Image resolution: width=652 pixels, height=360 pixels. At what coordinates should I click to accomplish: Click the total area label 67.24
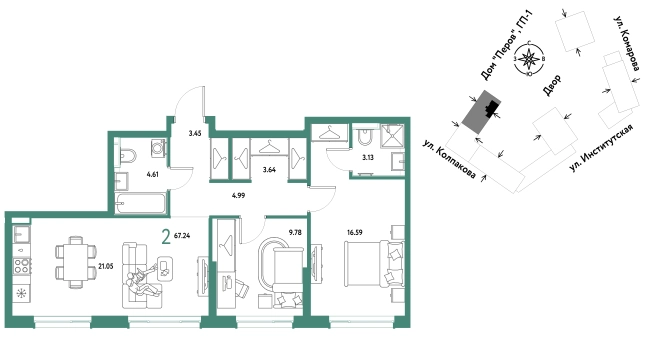click(182, 236)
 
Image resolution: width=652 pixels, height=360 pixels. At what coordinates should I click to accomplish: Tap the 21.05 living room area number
click(106, 266)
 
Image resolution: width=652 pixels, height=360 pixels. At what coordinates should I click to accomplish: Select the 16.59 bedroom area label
click(355, 233)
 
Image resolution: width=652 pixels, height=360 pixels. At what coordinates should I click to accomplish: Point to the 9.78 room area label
click(295, 233)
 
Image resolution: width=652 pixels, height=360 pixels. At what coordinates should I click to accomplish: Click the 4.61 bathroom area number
click(153, 175)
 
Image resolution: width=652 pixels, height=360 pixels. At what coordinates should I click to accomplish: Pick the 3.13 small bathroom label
click(368, 158)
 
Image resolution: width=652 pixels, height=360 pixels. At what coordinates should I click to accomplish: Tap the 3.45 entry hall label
click(195, 133)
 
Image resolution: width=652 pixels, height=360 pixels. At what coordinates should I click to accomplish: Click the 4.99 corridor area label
click(238, 195)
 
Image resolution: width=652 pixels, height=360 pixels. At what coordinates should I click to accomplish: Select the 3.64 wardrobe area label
click(269, 170)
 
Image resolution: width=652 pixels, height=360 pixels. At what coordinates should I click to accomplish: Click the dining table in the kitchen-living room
click(76, 262)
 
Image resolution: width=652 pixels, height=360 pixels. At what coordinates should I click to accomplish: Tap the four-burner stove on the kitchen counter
click(21, 266)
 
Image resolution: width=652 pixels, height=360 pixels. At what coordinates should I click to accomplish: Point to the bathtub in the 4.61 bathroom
click(140, 203)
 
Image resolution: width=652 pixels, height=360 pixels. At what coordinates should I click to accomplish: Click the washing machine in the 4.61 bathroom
click(158, 148)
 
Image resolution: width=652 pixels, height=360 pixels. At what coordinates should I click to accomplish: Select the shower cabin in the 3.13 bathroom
click(392, 136)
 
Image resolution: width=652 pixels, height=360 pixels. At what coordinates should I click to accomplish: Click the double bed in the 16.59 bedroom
click(374, 264)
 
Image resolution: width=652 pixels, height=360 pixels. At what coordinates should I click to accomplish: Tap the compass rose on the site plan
click(529, 59)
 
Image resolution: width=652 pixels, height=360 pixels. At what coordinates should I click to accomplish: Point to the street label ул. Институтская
click(601, 148)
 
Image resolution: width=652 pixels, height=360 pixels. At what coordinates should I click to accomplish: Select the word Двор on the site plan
click(552, 85)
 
